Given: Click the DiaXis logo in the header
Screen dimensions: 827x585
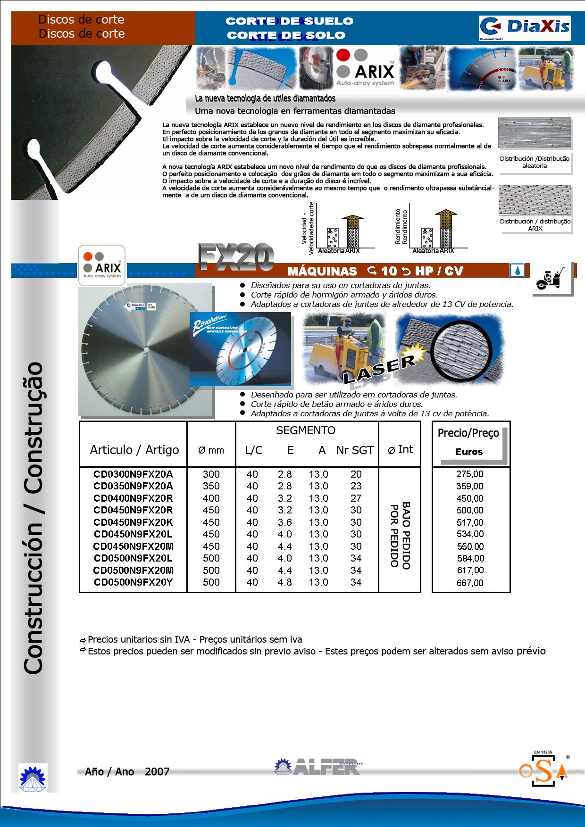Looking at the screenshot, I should coord(525,28).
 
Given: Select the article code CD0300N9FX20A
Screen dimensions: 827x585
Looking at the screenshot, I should coord(133,474).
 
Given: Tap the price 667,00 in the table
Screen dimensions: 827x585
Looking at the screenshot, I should coord(470,583).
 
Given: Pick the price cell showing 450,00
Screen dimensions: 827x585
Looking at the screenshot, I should coord(470,498).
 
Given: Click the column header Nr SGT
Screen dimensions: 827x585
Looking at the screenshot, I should coord(355,450).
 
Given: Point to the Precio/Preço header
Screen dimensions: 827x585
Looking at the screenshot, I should coord(468,433).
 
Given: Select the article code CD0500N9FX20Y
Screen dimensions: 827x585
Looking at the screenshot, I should coord(133,582).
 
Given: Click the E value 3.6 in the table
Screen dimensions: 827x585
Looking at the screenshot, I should coord(285,522).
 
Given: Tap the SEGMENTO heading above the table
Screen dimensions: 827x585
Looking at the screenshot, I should coord(306,430).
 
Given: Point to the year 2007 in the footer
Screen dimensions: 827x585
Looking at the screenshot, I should coord(157,772).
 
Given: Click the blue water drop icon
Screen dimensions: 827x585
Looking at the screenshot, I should coord(517,271).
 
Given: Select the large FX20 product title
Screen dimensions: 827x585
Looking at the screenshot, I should coord(236,257).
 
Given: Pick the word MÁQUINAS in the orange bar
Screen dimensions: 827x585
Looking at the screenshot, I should coord(322,271).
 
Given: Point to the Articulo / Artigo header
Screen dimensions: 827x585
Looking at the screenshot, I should coord(134,450).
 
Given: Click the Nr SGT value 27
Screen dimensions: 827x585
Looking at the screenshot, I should coord(356,498).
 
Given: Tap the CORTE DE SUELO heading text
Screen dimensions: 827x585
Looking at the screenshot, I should coord(289,21).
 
